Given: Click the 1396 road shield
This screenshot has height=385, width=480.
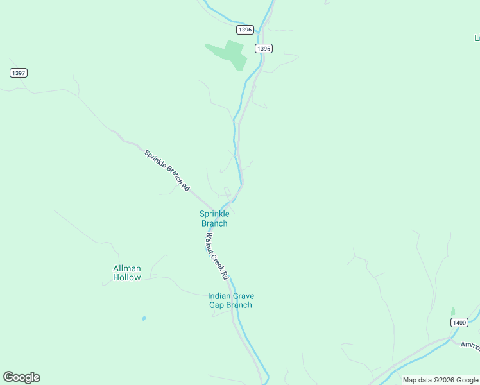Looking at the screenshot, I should tap(244, 30).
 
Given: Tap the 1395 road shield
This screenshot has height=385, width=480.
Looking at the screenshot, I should tap(264, 49).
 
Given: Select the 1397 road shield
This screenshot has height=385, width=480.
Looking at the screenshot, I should tap(19, 73).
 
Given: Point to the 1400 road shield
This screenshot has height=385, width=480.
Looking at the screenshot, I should tap(458, 322).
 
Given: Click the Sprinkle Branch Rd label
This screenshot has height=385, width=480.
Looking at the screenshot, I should tap(167, 171).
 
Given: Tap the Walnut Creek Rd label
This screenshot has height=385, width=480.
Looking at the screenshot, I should tap(217, 255).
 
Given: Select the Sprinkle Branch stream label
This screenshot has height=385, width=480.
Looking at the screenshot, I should tap(214, 219).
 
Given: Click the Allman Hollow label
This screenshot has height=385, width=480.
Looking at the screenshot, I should tap(127, 273).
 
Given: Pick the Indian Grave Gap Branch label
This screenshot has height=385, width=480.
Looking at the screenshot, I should tap(231, 300).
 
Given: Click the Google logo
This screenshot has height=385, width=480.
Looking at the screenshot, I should tap(22, 377).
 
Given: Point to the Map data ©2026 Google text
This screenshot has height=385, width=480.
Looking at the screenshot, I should tap(440, 380).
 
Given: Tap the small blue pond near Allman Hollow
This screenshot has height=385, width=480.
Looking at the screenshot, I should tap(144, 318).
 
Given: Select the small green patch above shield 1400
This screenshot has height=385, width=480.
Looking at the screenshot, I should tap(453, 312).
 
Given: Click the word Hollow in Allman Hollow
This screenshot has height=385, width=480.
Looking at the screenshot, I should tap(127, 278).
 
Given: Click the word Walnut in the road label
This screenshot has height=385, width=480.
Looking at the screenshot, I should tap(211, 243).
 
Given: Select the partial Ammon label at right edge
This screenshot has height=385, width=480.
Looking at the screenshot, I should tap(470, 345).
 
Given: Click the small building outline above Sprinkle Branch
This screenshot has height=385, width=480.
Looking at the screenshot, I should tap(227, 191).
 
